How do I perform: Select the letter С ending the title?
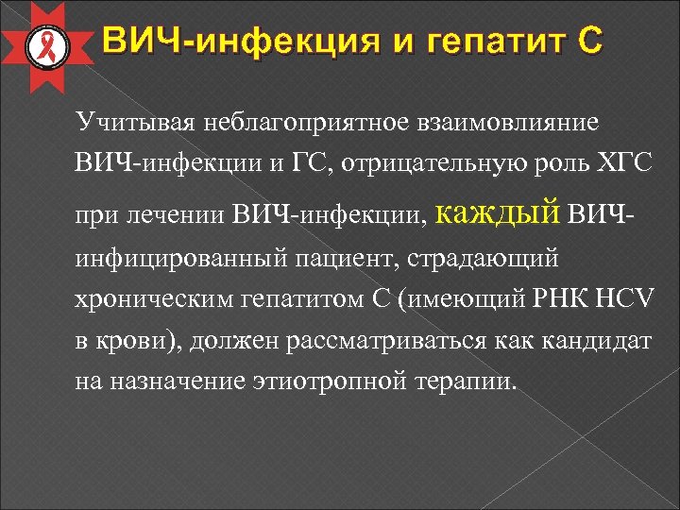point(586,42)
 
